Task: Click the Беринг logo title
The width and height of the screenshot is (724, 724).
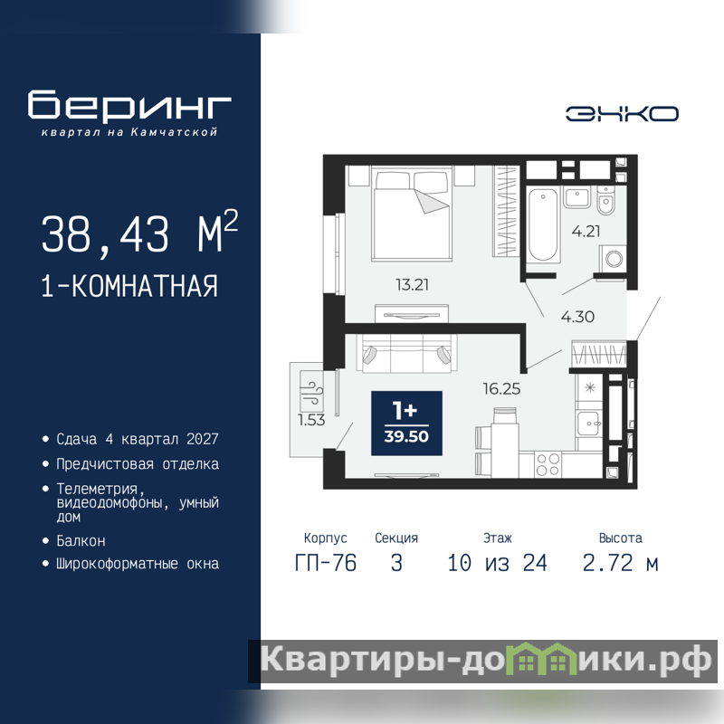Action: point(129,106)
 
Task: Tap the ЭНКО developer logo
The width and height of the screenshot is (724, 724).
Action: point(622,114)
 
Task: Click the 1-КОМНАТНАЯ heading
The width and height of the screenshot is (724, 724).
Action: point(129,286)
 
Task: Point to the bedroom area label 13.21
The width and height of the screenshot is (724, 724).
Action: point(412,284)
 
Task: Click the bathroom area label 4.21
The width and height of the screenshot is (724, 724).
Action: point(586,231)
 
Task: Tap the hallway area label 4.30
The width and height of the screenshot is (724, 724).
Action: point(577,317)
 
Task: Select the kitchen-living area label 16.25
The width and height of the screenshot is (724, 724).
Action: point(501,389)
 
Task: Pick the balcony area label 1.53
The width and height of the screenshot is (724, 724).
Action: point(311,420)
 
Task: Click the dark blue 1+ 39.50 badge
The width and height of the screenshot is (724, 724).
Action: point(406,423)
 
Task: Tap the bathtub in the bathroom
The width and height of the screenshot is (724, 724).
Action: point(542,224)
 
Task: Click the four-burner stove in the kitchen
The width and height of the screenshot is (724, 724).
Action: point(548,464)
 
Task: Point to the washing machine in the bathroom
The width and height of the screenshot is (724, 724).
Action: point(613,259)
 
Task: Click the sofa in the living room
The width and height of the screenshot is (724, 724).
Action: point(406,353)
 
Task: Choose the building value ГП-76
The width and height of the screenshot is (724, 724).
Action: point(326,563)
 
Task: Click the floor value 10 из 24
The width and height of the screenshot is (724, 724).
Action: point(497,563)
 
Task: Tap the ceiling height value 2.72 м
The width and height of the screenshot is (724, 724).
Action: point(620,563)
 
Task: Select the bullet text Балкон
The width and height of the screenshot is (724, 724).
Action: point(81,540)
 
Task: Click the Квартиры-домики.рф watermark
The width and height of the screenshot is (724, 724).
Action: point(485,661)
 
